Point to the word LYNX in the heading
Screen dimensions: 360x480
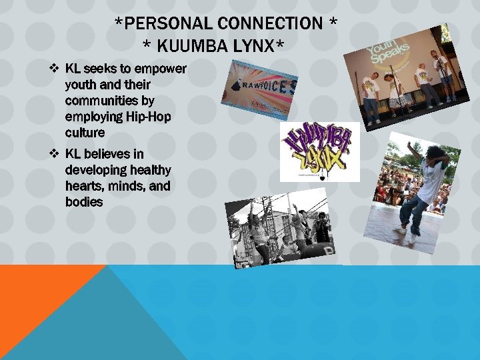tap(256, 46)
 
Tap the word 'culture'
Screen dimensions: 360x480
tap(85, 133)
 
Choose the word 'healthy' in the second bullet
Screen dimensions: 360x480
tap(149, 170)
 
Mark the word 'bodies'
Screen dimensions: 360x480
tap(84, 202)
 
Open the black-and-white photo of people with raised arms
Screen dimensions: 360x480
tap(281, 229)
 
